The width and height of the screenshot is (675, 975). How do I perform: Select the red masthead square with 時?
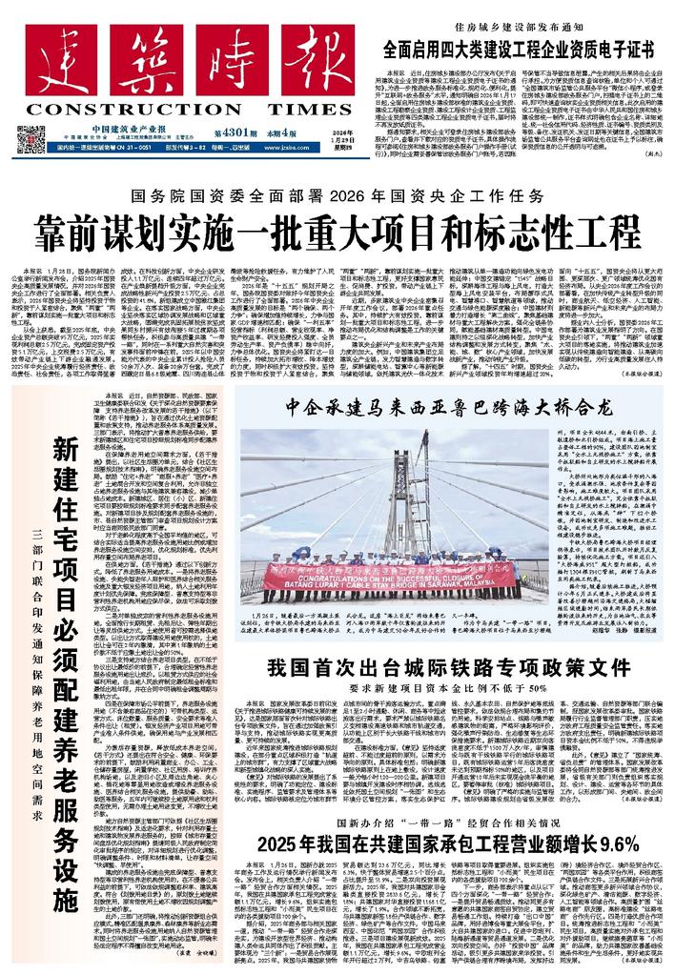[x=186, y=60]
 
